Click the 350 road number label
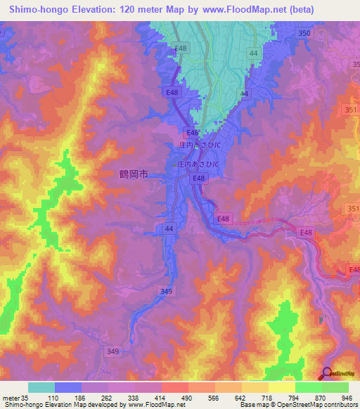click(x=304, y=34)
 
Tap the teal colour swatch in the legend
click(x=41, y=387)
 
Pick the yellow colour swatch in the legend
click(x=281, y=387)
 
